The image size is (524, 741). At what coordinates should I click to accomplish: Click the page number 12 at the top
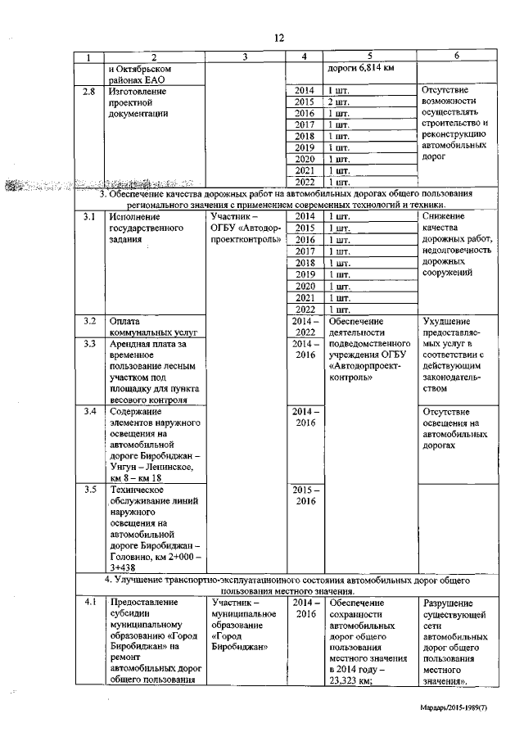click(278, 38)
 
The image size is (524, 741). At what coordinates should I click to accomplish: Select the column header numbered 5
click(370, 56)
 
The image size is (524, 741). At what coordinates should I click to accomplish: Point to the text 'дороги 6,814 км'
click(361, 68)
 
